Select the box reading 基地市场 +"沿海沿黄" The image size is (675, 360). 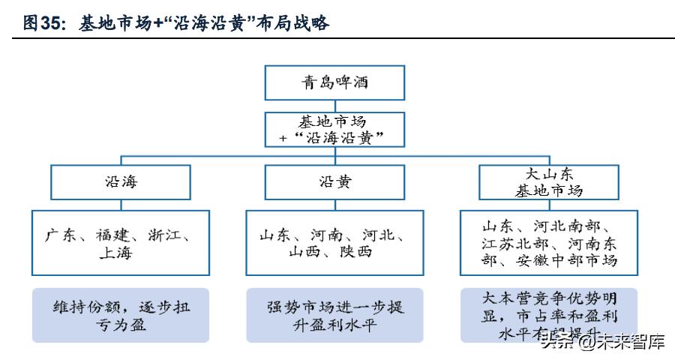click(x=334, y=130)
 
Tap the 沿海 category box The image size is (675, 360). click(x=121, y=181)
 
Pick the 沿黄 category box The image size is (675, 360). click(x=334, y=181)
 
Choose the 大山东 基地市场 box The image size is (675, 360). click(x=548, y=182)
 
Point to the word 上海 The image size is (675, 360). click(x=115, y=253)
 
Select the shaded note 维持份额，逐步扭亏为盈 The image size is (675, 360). click(x=120, y=315)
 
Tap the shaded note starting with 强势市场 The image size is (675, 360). click(x=334, y=315)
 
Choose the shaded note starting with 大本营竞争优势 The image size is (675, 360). click(x=549, y=314)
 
